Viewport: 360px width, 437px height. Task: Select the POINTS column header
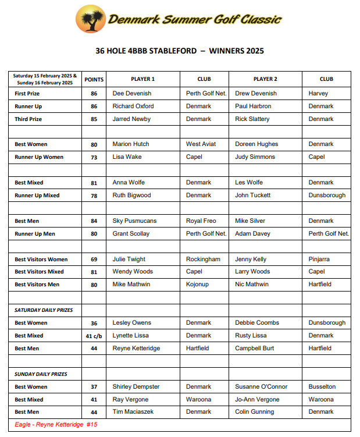click(94, 79)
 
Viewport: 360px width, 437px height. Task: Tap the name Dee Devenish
click(131, 93)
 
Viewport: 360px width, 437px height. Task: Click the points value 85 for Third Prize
click(94, 119)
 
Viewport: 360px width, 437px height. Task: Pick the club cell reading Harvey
click(318, 93)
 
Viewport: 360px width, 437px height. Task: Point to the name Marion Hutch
click(131, 144)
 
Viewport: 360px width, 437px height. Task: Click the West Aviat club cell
click(201, 144)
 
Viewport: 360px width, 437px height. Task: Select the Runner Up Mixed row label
click(37, 196)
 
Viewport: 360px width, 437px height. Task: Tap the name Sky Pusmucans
click(134, 221)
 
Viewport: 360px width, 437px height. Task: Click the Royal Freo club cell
click(201, 221)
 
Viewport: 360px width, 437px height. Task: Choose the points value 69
click(94, 260)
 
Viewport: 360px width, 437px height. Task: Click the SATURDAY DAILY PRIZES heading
click(44, 310)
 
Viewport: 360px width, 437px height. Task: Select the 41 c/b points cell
click(94, 336)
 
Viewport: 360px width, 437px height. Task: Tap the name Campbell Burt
click(254, 349)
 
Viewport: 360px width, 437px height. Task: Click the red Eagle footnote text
click(56, 425)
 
